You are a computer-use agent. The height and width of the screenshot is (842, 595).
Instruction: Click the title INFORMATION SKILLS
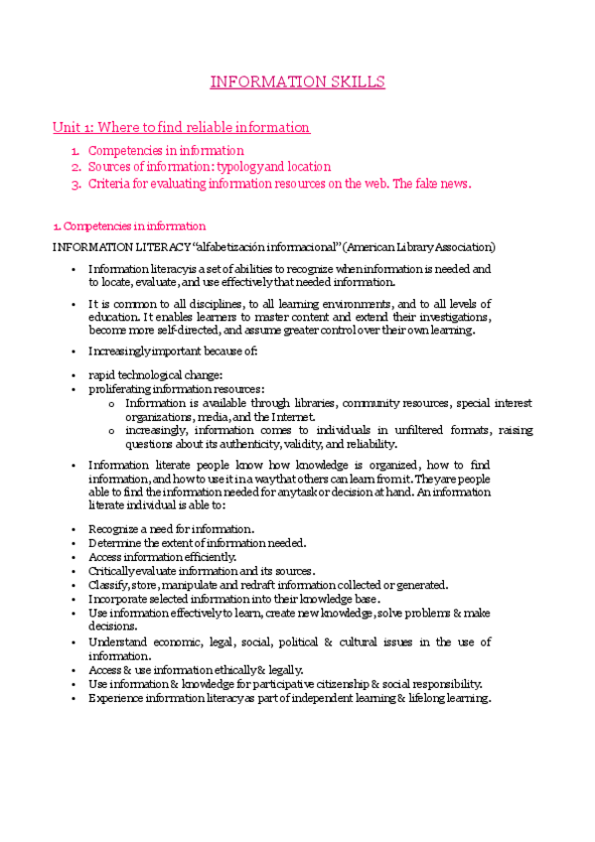click(298, 81)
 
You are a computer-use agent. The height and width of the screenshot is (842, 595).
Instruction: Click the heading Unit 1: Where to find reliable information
click(181, 127)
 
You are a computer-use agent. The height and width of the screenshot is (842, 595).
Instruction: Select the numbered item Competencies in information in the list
click(165, 151)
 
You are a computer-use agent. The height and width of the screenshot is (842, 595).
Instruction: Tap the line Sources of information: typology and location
click(210, 167)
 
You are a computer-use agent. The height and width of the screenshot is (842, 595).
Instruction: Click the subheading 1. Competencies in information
click(129, 225)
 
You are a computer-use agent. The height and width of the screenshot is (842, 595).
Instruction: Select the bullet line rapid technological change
click(155, 374)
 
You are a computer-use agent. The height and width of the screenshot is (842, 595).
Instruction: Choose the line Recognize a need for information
click(171, 529)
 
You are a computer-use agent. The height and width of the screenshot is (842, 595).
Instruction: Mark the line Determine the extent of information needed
click(197, 543)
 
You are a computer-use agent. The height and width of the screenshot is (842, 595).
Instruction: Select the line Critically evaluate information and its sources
click(201, 571)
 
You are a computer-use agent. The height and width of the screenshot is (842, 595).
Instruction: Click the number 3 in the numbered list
click(74, 184)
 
